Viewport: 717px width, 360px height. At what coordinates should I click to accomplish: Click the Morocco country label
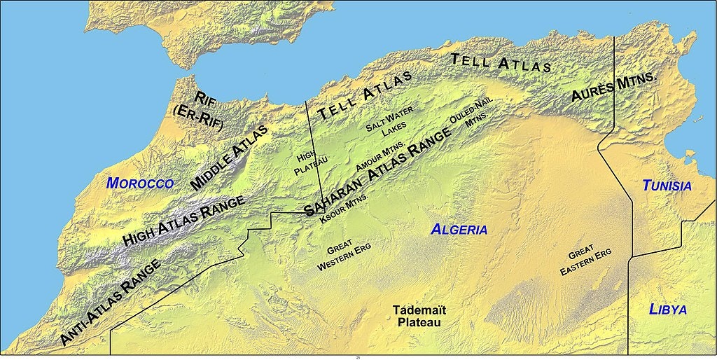point(139,183)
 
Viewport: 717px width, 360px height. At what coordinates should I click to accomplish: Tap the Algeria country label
point(459,229)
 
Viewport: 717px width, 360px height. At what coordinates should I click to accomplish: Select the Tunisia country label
point(667,186)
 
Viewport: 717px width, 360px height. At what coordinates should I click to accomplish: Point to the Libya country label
point(667,310)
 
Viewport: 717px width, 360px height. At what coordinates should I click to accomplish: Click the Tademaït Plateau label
point(419,316)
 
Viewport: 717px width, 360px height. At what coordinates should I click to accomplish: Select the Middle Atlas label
point(229,158)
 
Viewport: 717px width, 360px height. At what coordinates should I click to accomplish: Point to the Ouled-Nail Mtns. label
point(473,114)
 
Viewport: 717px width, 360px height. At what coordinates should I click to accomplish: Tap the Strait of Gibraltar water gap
point(165,74)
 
